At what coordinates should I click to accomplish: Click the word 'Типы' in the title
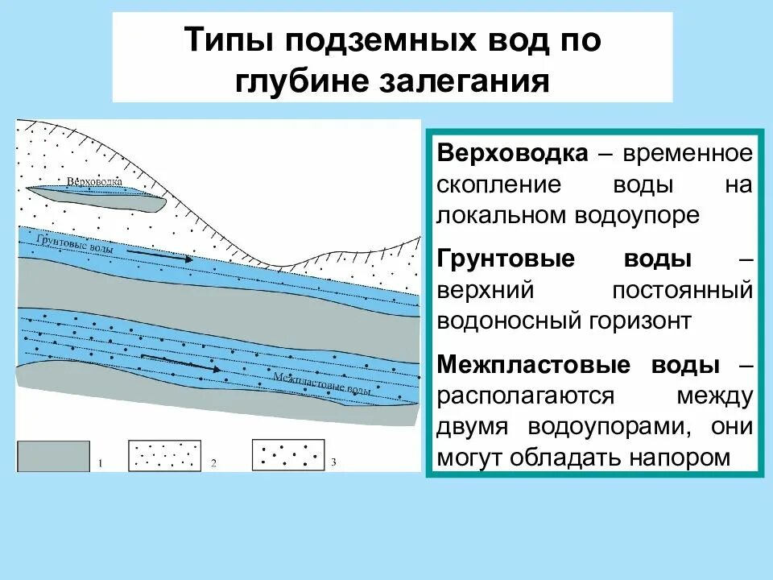click(226, 41)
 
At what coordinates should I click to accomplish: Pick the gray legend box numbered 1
click(53, 455)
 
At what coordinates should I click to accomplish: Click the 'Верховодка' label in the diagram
click(94, 181)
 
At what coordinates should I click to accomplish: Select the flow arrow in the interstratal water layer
click(180, 362)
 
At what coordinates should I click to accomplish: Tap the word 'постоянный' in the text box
click(683, 290)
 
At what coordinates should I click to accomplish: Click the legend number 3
click(334, 462)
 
